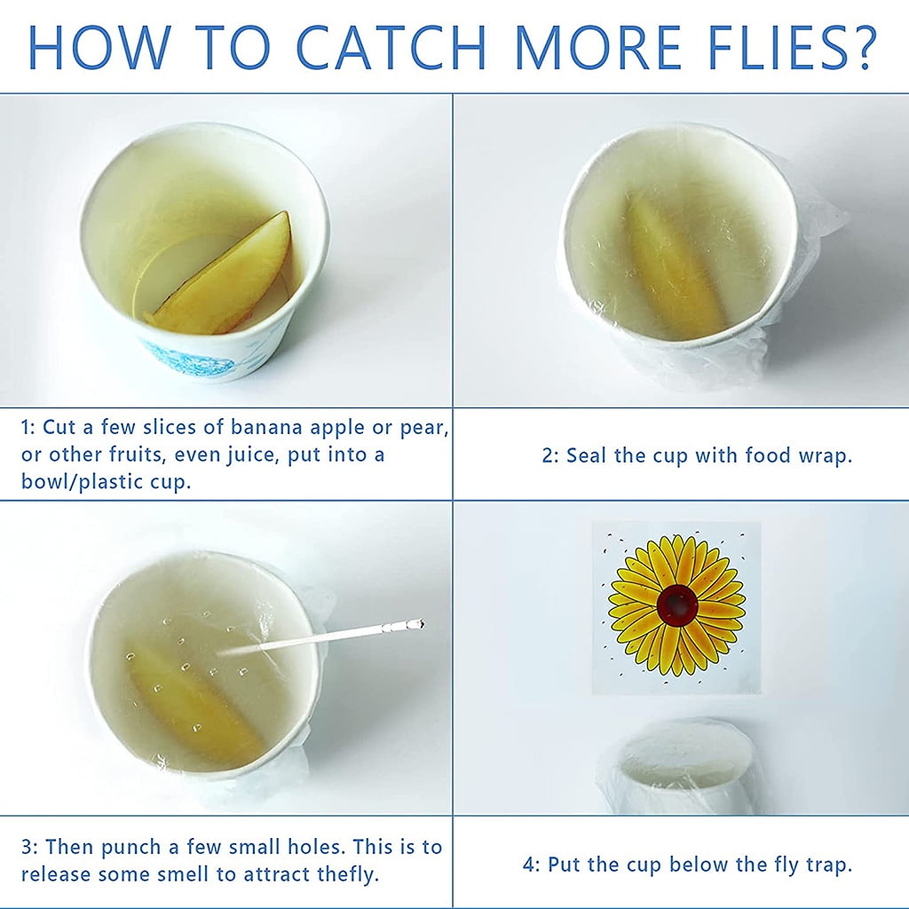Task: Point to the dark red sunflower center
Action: pos(676,605)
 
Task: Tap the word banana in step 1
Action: pos(266,427)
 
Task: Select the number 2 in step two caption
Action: pos(548,455)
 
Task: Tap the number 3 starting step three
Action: pos(28,847)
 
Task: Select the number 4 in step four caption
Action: pos(529,865)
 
